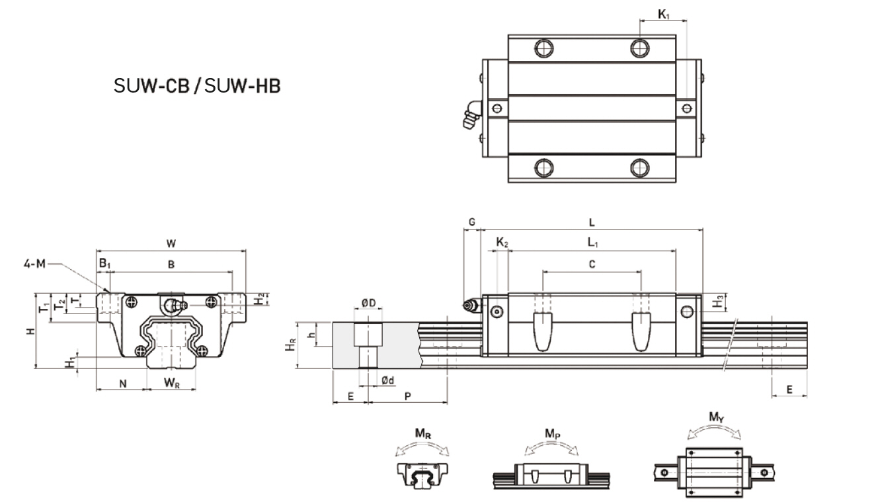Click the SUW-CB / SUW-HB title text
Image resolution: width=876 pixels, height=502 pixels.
(x=197, y=86)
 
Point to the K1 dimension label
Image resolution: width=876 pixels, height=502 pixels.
(x=662, y=13)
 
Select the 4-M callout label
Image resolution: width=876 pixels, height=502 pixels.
(x=33, y=264)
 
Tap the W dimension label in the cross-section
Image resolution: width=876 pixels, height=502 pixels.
(x=171, y=243)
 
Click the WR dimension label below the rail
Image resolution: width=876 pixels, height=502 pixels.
(x=171, y=383)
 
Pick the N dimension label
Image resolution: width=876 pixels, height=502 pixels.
(x=123, y=383)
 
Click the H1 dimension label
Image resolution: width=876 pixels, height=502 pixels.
(x=69, y=362)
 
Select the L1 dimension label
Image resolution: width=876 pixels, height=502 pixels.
(x=592, y=243)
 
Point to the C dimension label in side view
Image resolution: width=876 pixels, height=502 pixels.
(x=592, y=265)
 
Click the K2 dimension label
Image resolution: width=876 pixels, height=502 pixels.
(x=502, y=243)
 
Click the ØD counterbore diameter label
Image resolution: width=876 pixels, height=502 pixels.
(x=368, y=304)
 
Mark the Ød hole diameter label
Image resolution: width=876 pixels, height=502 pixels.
(x=388, y=380)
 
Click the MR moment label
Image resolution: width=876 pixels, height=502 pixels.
(x=424, y=433)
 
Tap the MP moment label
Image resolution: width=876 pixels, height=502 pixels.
(x=553, y=433)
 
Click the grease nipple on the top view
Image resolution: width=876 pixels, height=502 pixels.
(x=470, y=116)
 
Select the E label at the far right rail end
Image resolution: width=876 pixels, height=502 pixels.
(x=789, y=390)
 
